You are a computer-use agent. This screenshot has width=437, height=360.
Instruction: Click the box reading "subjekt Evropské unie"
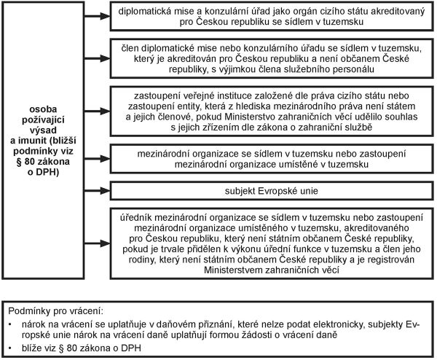click(x=269, y=192)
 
